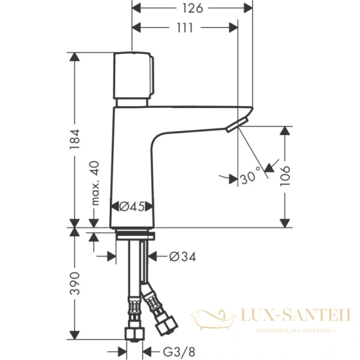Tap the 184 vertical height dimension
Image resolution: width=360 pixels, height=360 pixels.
click(x=74, y=139)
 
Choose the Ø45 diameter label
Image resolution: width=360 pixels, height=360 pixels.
click(x=131, y=206)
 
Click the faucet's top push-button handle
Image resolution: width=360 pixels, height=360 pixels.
click(x=133, y=76)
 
